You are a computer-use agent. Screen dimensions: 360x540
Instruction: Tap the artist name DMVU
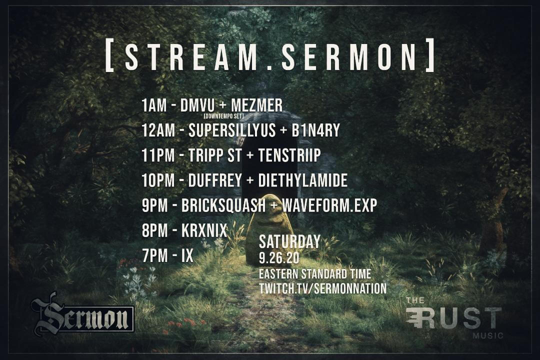[x=197, y=105]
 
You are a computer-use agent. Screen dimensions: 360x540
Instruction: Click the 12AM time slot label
[x=158, y=131]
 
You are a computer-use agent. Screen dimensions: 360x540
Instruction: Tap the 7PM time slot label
[x=154, y=256]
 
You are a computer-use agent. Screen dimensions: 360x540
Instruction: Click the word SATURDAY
[x=289, y=242]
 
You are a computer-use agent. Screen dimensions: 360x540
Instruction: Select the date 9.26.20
[x=276, y=259]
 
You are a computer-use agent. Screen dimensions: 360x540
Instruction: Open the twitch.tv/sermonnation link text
[x=322, y=288]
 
